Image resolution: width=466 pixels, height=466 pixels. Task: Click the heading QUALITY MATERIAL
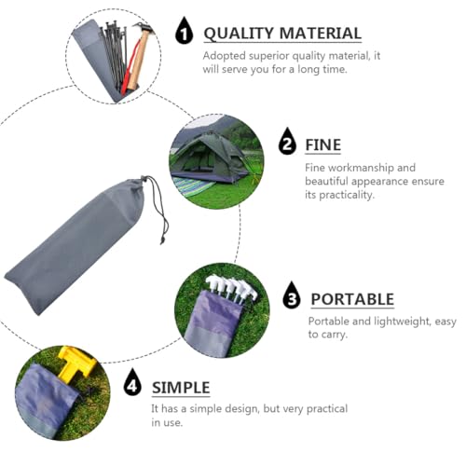[281, 34]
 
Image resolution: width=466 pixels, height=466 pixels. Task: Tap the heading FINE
[322, 144]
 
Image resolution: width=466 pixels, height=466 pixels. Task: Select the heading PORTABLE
[351, 299]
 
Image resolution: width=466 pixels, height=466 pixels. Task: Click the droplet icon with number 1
[185, 34]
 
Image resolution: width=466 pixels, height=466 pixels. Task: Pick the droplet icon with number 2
[287, 144]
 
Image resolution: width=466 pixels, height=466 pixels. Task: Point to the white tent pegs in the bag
[228, 284]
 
